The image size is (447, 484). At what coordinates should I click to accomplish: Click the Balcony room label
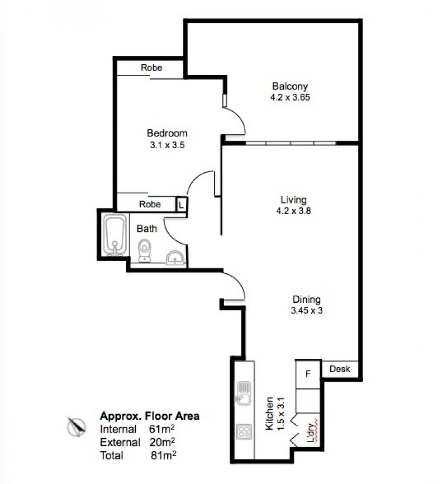290,86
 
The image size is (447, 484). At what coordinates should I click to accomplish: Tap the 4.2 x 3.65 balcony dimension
290,97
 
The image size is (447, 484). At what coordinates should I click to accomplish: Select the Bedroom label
167,133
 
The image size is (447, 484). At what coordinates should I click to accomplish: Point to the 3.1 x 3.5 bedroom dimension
167,145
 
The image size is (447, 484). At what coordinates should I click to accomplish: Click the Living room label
293,200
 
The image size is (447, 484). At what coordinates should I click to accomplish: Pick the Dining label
307,300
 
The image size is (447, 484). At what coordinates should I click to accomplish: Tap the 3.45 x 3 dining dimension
307,310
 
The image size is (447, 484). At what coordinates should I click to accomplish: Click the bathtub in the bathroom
115,235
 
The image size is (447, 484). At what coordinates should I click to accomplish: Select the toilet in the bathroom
145,250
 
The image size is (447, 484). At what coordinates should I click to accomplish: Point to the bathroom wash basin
175,258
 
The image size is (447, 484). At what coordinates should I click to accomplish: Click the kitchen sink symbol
244,393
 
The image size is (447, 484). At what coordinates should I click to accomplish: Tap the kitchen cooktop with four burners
244,431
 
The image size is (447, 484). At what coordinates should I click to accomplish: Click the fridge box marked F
308,374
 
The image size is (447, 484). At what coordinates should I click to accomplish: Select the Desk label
340,369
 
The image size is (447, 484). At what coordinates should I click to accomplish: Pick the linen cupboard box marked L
181,205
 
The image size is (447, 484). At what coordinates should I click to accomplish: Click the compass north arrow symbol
76,426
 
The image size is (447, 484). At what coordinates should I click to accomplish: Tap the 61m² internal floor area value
161,429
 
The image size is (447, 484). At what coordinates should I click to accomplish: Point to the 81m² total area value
163,455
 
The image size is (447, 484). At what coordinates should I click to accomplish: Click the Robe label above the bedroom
151,68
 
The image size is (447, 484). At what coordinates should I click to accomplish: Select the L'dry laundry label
311,432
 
